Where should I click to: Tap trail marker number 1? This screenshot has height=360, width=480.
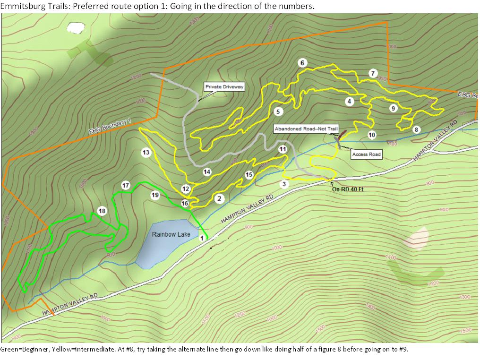(202, 238)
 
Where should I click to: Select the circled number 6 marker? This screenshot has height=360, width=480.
(302, 63)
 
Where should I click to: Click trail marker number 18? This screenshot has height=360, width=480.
(102, 211)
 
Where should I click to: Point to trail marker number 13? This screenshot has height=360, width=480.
(146, 153)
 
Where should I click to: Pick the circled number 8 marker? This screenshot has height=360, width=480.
(416, 129)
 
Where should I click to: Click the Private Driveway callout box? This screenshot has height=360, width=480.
(224, 87)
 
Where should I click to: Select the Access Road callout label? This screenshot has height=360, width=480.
(366, 154)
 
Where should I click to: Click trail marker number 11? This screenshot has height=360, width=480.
(283, 149)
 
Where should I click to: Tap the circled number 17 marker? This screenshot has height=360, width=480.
(126, 185)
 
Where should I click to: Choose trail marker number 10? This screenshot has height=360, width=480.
(372, 135)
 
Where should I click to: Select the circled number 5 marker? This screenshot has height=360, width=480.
(278, 111)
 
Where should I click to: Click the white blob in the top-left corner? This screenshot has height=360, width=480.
(75, 27)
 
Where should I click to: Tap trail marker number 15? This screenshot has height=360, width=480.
(249, 175)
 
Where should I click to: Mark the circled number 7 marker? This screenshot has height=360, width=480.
(373, 73)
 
